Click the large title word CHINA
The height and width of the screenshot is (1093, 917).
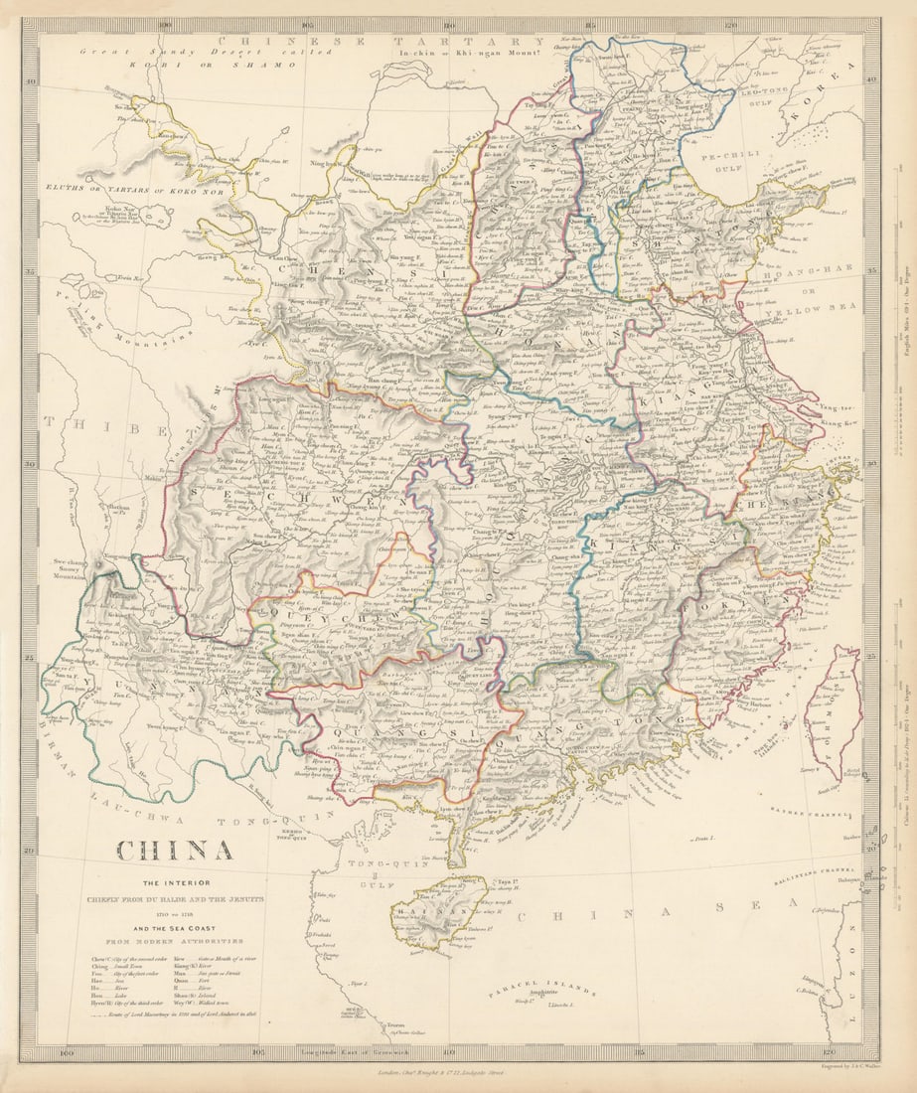(x=175, y=851)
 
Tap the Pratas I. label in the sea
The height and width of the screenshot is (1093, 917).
(x=706, y=841)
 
